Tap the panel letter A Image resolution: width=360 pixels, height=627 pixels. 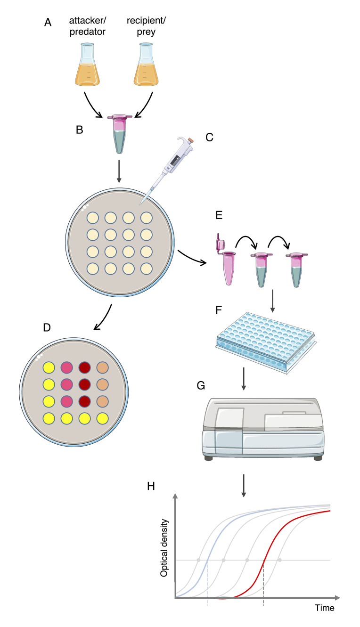(48, 22)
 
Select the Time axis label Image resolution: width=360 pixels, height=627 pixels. (325, 608)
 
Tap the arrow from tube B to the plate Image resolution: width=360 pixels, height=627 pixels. (119, 173)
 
